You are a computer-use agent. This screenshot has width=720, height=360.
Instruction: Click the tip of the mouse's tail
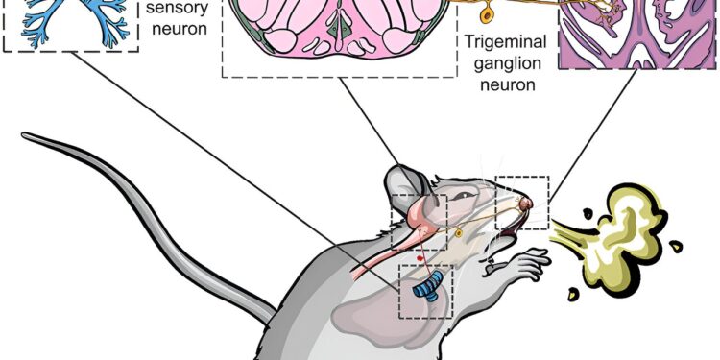point(27,137)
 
